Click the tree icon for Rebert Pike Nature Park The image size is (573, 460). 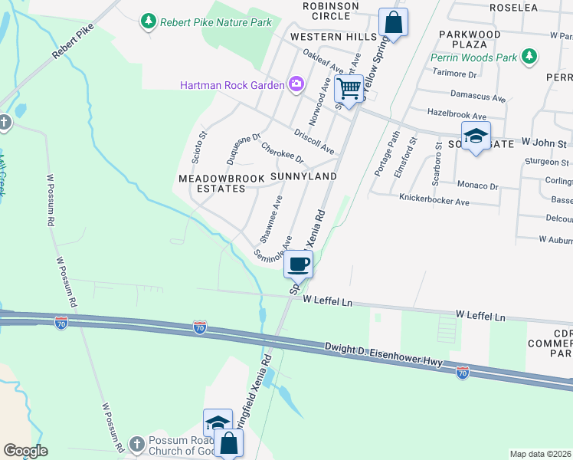(x=149, y=22)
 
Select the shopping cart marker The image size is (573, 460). (x=349, y=89)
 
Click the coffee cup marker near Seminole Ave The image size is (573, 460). (x=299, y=264)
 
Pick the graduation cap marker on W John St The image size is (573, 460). (x=476, y=136)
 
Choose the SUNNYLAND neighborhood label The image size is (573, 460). (x=303, y=176)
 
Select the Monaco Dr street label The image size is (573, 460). (x=477, y=186)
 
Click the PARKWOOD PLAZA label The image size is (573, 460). (x=470, y=40)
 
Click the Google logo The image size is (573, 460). (x=25, y=451)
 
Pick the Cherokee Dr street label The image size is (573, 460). (x=282, y=153)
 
